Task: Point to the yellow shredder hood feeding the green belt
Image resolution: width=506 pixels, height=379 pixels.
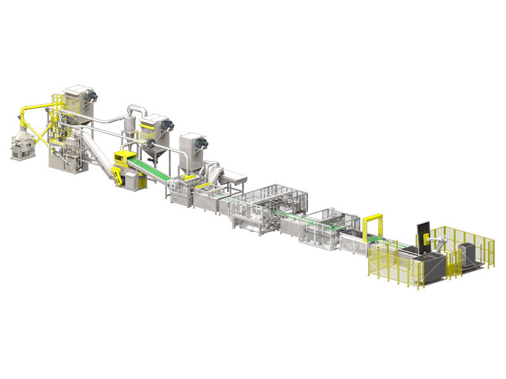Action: point(125,158)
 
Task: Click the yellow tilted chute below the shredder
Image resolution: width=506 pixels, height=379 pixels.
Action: point(118,177)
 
